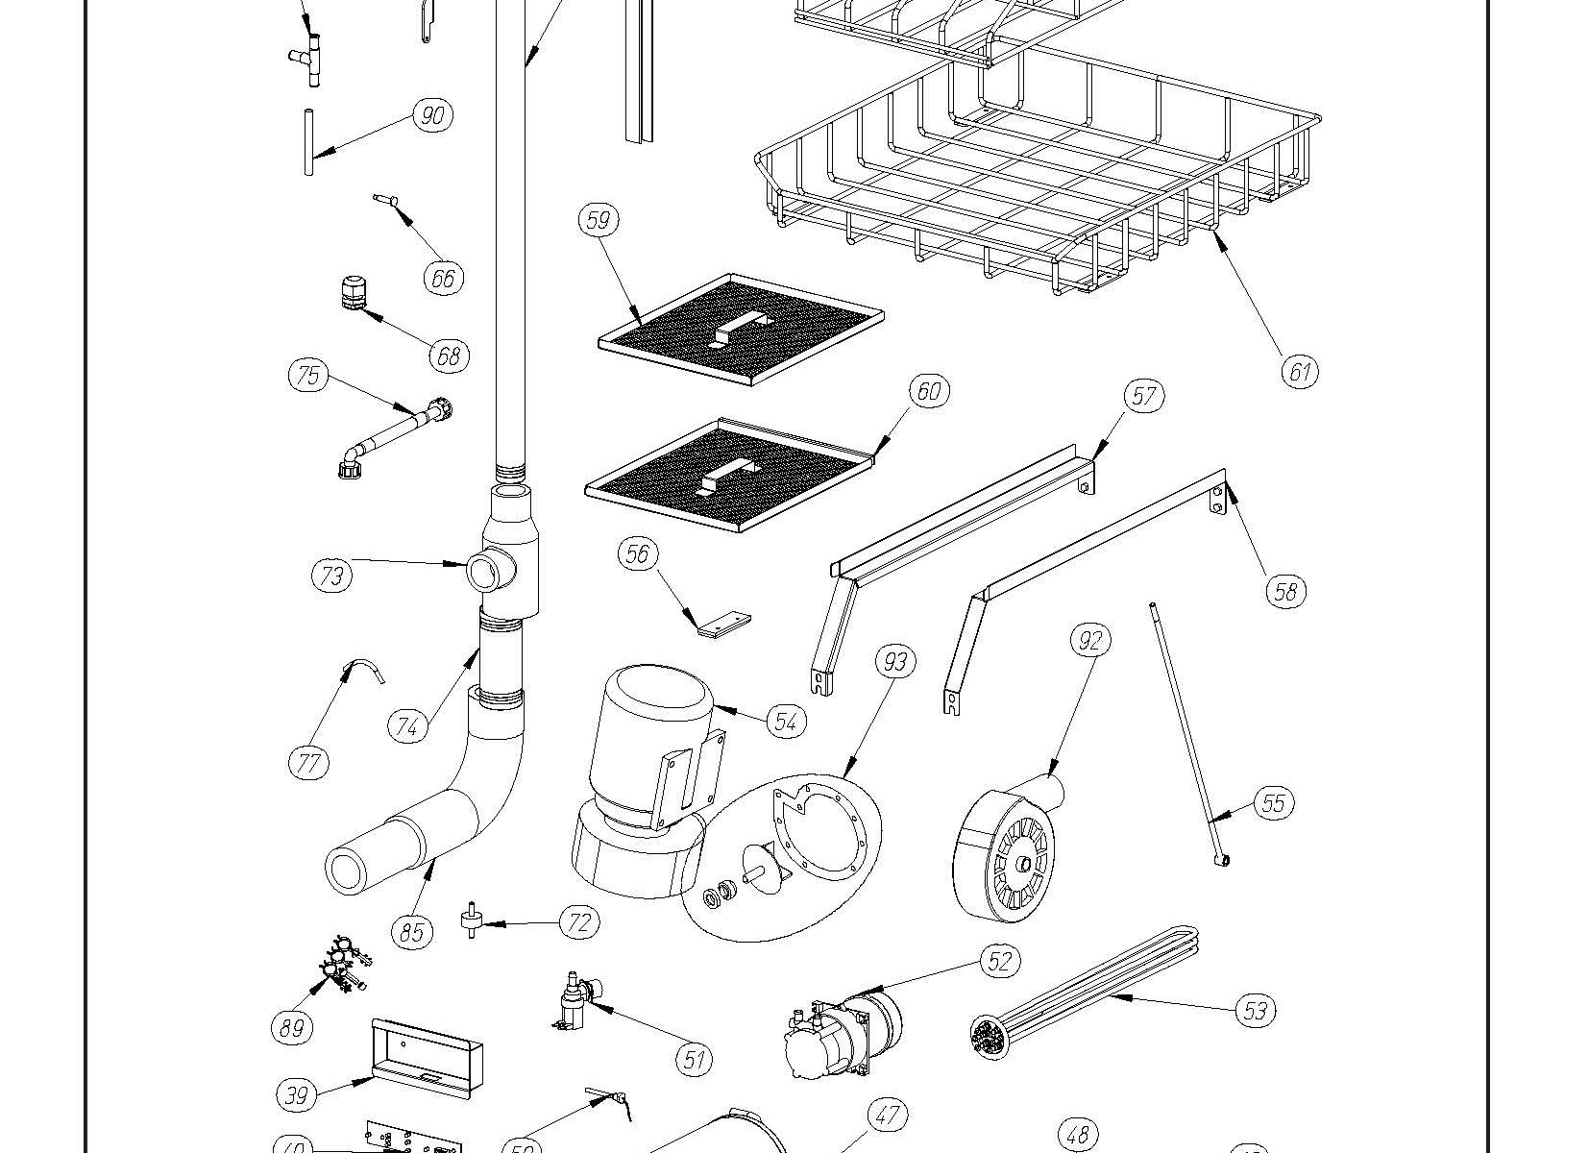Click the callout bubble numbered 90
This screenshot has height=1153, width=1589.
tap(432, 115)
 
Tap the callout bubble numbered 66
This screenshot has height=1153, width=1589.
tap(443, 278)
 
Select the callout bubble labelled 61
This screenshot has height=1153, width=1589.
tap(1300, 371)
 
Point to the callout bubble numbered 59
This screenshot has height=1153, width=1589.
tap(598, 220)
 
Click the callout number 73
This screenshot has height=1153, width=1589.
tap(331, 576)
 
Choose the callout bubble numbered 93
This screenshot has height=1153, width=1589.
tap(895, 661)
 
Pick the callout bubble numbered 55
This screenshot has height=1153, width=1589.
tap(1273, 802)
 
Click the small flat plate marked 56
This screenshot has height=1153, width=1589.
tap(723, 625)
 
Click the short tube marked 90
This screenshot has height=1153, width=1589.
tap(308, 141)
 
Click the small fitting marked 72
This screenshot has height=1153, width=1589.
tap(472, 920)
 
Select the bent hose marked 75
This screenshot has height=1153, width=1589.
tap(394, 435)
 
